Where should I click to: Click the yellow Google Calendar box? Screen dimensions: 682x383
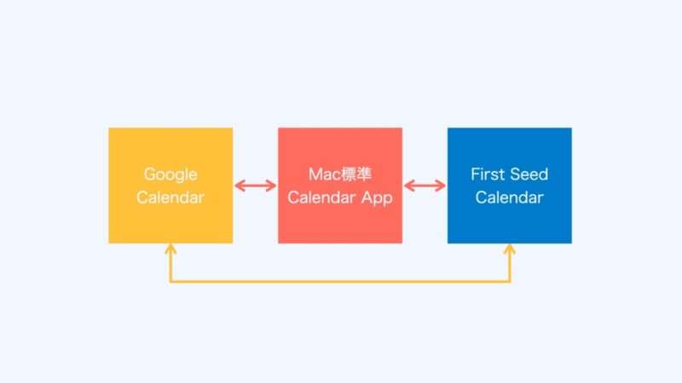(x=170, y=186)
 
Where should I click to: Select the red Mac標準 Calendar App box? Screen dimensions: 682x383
(x=340, y=186)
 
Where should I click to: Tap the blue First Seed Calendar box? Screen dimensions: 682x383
(x=509, y=186)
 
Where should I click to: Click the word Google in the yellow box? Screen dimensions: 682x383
(x=170, y=174)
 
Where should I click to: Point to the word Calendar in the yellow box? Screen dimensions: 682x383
(x=170, y=197)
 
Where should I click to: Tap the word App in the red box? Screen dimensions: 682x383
(x=377, y=198)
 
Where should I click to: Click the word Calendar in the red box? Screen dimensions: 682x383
(x=321, y=197)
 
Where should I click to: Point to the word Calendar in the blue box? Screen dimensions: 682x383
(x=509, y=197)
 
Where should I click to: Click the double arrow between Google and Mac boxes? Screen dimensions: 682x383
(x=255, y=186)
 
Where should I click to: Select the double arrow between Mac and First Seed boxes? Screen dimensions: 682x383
(x=425, y=186)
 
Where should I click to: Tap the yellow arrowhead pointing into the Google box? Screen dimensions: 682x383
(x=170, y=249)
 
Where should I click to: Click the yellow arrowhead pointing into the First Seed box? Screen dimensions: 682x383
(x=510, y=249)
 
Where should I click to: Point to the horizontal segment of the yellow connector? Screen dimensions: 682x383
(x=340, y=282)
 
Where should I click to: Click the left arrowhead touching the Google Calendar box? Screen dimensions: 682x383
(x=240, y=186)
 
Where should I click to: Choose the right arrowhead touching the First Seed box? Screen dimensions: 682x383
(x=441, y=186)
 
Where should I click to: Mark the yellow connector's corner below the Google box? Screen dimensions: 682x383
(x=170, y=282)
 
